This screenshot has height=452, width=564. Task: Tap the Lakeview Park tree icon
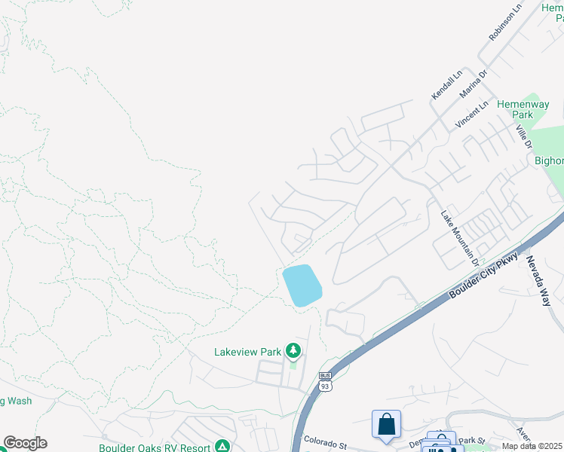click(x=293, y=351)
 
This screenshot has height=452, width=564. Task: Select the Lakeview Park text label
click(x=247, y=351)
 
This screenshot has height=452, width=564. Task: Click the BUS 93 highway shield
click(x=325, y=382)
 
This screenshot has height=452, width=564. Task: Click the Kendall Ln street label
click(x=446, y=86)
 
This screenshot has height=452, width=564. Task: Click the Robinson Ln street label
click(x=505, y=23)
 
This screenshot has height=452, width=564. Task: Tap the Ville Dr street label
click(x=524, y=136)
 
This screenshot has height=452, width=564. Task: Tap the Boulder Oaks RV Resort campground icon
click(x=222, y=447)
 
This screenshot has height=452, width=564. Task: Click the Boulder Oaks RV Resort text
click(x=155, y=447)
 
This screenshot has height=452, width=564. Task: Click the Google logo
click(x=25, y=443)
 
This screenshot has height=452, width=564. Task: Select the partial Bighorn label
click(x=549, y=160)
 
